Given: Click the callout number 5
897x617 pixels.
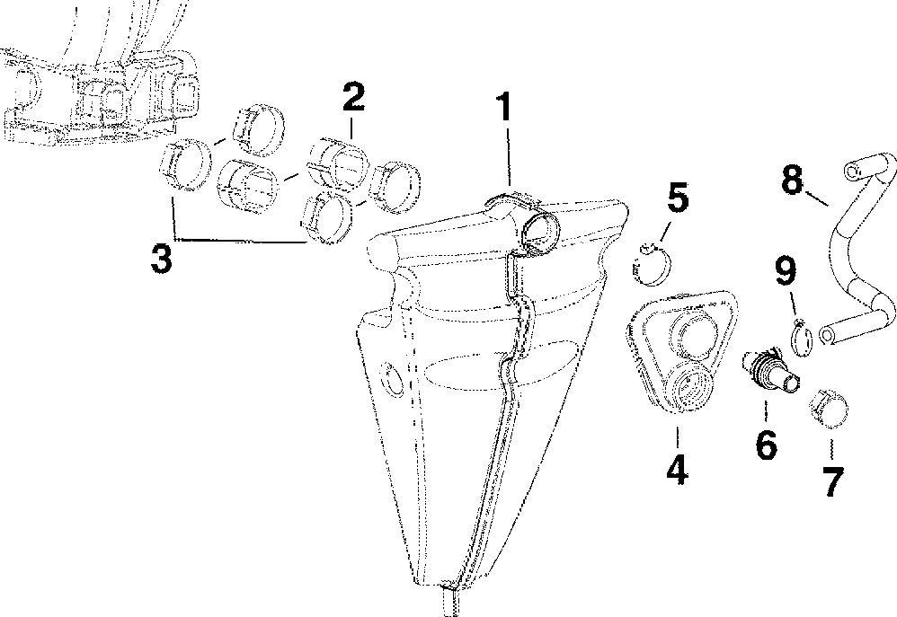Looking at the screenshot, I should tap(678, 199).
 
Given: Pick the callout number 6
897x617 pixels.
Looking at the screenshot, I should tap(766, 444).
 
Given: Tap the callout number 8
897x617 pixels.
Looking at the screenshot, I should tap(792, 180).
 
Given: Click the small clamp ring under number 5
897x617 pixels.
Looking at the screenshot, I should tap(651, 263).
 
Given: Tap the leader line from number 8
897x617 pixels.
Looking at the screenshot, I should tap(817, 198).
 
